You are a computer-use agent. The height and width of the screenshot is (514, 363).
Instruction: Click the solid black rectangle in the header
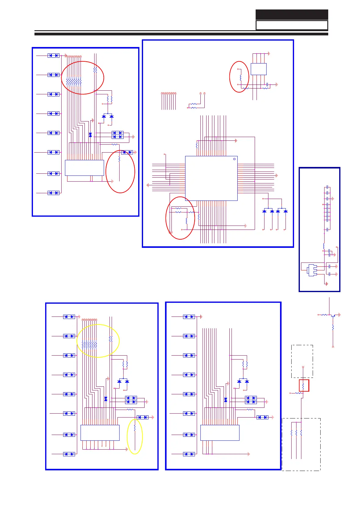(292, 15)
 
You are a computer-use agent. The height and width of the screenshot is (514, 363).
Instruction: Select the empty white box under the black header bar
(292, 25)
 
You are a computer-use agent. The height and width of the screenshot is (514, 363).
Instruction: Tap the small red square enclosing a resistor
(304, 385)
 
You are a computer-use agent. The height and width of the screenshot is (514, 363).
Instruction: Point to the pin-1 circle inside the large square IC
(234, 159)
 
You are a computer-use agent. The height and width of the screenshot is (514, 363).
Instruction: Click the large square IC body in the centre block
(211, 178)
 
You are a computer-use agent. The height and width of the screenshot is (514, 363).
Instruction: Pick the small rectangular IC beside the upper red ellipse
(258, 69)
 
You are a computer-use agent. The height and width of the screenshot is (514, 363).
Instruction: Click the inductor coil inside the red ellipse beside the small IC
(241, 78)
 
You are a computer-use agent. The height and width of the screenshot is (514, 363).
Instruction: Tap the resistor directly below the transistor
(333, 328)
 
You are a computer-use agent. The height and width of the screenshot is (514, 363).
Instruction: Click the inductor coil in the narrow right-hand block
(324, 246)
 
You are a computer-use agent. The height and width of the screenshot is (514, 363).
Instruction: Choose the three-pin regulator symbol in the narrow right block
(312, 270)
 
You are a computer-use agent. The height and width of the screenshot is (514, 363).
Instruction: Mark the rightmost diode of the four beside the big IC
(285, 211)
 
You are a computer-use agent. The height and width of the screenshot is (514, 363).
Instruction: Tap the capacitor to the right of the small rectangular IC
(268, 84)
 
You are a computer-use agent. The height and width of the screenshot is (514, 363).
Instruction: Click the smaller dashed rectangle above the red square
(302, 361)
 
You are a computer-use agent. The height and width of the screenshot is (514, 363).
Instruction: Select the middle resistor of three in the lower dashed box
(296, 433)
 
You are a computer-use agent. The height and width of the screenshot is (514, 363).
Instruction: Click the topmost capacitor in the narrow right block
(327, 187)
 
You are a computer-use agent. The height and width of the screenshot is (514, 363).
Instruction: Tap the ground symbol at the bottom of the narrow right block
(327, 284)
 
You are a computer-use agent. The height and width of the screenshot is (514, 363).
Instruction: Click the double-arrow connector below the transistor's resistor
(333, 347)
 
